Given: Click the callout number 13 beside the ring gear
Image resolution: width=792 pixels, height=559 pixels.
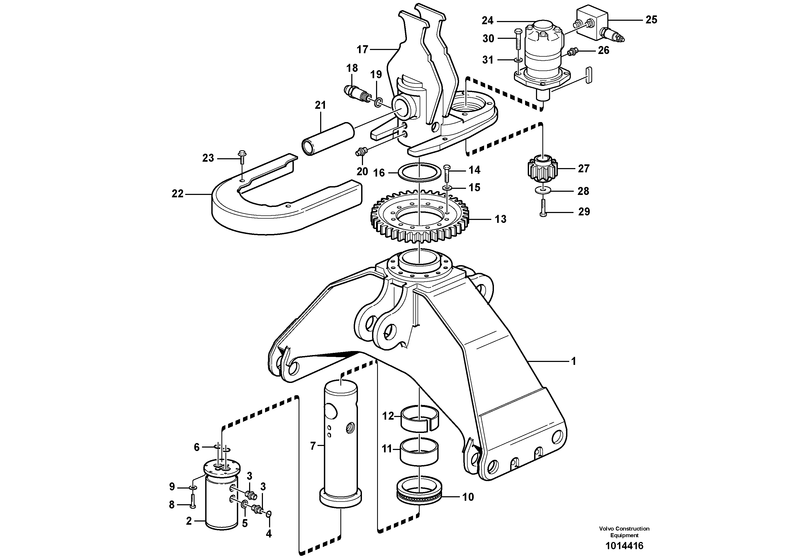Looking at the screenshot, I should [x=501, y=219].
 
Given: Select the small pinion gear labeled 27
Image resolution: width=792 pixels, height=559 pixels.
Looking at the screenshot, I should [x=542, y=169].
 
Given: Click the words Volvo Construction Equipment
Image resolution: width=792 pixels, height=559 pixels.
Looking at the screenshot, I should [x=624, y=532].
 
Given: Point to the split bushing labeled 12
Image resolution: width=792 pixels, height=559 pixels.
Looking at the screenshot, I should [x=419, y=419].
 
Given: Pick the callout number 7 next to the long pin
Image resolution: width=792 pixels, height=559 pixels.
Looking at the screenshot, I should [x=313, y=446].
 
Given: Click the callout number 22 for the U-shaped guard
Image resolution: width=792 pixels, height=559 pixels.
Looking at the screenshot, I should [x=178, y=194].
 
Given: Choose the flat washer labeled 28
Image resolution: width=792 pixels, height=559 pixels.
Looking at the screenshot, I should [x=543, y=190].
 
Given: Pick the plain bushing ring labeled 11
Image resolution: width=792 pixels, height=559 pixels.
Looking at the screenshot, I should [x=419, y=450].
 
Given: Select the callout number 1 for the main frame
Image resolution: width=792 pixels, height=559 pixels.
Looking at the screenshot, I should [x=574, y=361].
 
